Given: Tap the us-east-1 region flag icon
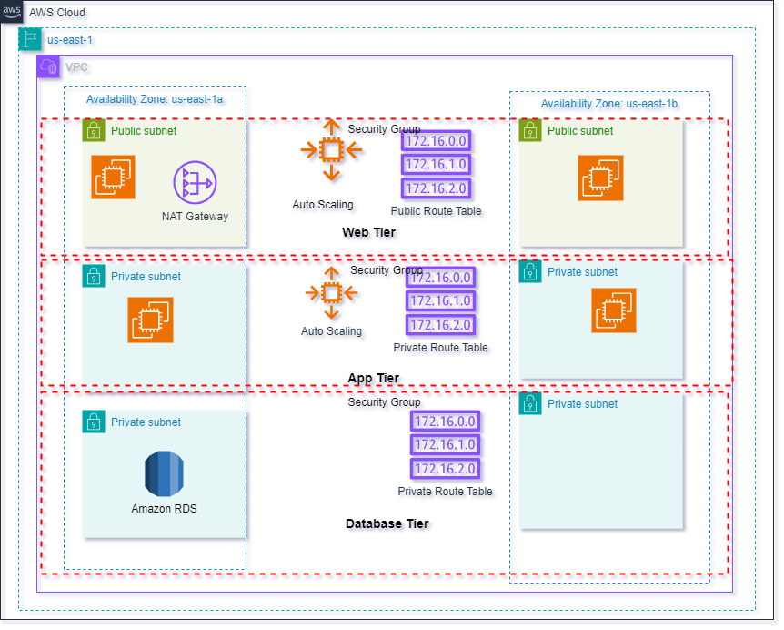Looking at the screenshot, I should [x=30, y=39].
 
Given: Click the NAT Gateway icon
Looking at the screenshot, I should [x=195, y=183].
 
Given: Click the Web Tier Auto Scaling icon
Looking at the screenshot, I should [x=331, y=150].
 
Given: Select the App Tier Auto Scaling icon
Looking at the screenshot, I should [x=331, y=293].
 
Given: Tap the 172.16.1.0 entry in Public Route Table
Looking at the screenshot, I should [x=436, y=165].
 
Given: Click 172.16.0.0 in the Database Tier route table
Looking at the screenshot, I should [x=445, y=422].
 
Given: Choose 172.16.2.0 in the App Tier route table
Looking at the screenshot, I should [x=440, y=325].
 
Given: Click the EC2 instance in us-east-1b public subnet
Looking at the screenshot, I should [x=600, y=178].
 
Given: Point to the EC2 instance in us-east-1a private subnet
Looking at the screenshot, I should [x=150, y=320].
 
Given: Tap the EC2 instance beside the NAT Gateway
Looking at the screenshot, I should [x=113, y=176].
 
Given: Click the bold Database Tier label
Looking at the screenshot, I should [x=387, y=523].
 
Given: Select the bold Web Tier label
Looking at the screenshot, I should [x=368, y=232].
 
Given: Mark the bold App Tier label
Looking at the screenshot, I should [x=373, y=378].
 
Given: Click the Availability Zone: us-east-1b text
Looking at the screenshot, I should [x=608, y=104].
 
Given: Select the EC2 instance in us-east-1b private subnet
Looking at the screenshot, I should [x=614, y=310].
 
